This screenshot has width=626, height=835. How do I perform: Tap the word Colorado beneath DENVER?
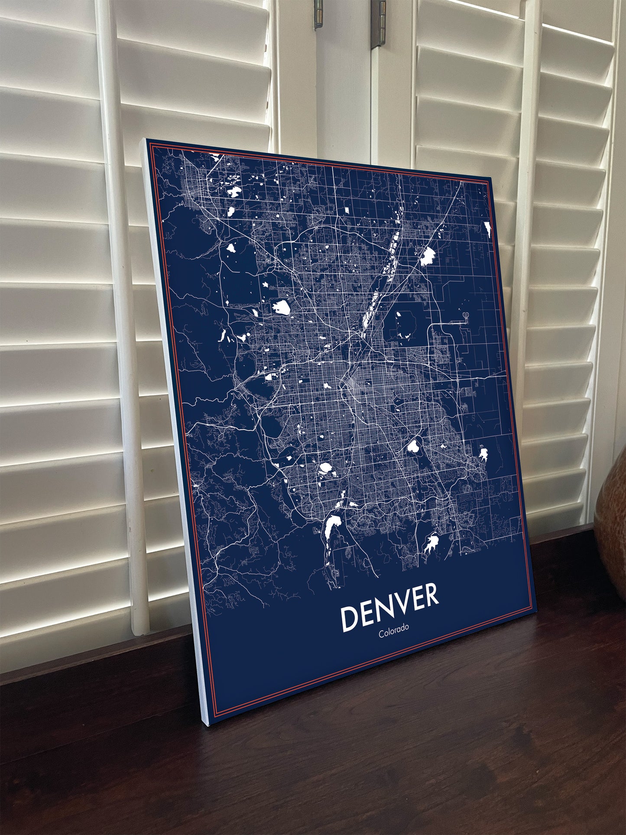click(x=394, y=633)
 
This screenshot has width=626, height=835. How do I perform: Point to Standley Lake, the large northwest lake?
click(x=282, y=307)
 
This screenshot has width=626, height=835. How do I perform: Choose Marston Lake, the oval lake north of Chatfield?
click(x=325, y=468)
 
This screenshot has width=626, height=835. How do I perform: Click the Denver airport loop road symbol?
click(x=465, y=316)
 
